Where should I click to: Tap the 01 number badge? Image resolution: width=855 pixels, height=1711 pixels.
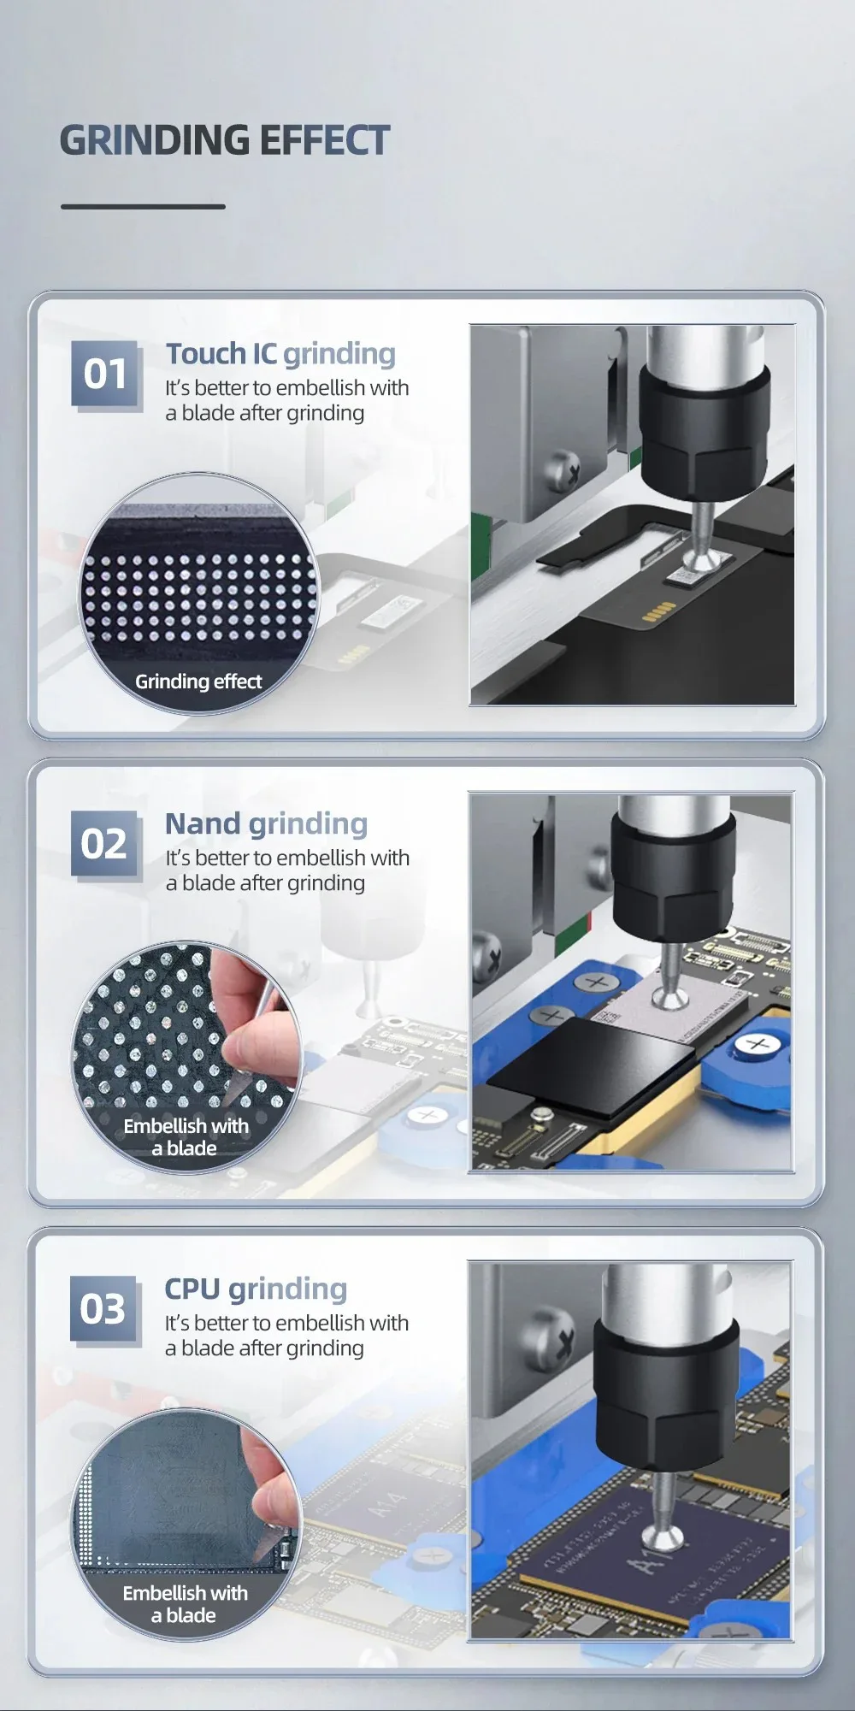pyautogui.click(x=104, y=374)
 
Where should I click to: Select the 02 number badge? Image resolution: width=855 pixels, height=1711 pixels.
pyautogui.click(x=103, y=844)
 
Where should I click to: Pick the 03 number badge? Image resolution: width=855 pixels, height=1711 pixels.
pyautogui.click(x=103, y=1309)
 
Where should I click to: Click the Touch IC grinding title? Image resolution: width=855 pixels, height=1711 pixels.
pyautogui.click(x=280, y=354)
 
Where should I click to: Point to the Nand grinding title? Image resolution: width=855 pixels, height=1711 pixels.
pyautogui.click(x=266, y=824)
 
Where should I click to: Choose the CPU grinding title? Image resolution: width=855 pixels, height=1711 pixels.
pyautogui.click(x=256, y=1289)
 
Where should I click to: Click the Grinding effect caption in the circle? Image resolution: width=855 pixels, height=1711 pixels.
pyautogui.click(x=198, y=681)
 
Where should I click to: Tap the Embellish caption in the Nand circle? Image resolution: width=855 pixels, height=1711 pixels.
pyautogui.click(x=186, y=1136)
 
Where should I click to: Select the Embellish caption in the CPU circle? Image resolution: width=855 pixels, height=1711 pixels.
pyautogui.click(x=185, y=1603)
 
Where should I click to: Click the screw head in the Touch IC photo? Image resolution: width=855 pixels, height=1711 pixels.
pyautogui.click(x=567, y=468)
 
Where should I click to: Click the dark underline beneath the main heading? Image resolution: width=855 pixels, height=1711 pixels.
pyautogui.click(x=143, y=207)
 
